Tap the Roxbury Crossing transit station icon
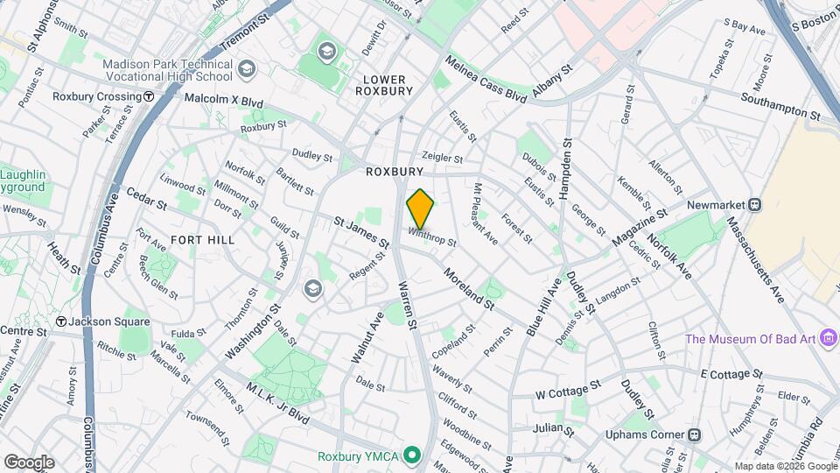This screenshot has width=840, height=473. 150,97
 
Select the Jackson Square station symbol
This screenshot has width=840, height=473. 60,322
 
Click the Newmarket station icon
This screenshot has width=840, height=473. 754,204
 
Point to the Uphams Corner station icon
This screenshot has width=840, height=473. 694,434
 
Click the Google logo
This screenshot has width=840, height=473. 28,462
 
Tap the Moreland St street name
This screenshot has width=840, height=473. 469,288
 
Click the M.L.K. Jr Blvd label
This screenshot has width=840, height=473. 276,404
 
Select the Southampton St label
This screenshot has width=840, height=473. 780,107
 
